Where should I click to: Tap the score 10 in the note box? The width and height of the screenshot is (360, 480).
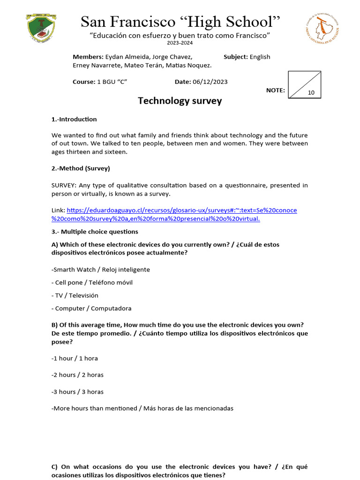(x=311, y=93)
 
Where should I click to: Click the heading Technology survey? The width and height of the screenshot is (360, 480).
(x=180, y=101)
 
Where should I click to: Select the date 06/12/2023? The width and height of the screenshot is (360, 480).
(x=210, y=82)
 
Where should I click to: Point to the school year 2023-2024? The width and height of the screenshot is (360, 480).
(x=180, y=43)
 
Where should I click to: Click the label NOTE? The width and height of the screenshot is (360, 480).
(x=275, y=90)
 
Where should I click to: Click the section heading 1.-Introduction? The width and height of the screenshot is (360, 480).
(x=74, y=120)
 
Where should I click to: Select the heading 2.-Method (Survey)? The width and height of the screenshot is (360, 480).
(x=81, y=168)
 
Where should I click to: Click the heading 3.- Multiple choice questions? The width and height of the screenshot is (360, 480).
(x=95, y=232)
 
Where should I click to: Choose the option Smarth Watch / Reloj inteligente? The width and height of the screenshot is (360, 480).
(x=101, y=270)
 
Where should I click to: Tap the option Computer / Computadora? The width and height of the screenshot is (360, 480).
(x=91, y=308)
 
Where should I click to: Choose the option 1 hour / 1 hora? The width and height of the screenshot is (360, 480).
(x=75, y=358)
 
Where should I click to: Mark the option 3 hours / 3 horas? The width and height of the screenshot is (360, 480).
(x=77, y=392)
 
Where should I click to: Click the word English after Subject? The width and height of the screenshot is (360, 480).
(x=260, y=57)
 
